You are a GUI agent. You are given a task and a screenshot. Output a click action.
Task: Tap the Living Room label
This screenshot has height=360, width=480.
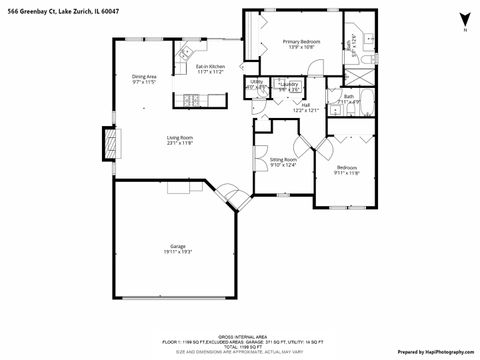[x=180, y=138]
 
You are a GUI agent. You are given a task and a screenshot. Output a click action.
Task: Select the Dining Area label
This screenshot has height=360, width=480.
[x=145, y=76]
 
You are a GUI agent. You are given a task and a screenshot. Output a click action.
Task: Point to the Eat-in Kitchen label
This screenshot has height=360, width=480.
[x=210, y=66]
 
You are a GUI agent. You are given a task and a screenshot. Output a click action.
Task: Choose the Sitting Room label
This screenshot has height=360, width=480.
[x=283, y=159]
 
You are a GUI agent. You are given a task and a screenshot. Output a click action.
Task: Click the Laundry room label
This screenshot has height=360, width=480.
[x=289, y=84]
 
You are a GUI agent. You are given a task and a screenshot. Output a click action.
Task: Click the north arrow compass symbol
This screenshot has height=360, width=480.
[x=463, y=21]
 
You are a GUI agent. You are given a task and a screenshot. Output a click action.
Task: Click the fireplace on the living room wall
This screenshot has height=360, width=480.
[x=108, y=143]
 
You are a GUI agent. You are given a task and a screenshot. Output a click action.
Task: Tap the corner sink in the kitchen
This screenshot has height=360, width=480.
[x=187, y=51]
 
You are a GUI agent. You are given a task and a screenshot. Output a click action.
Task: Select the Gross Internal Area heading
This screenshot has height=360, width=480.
[x=239, y=335]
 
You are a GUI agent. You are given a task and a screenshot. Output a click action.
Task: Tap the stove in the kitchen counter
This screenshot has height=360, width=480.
[x=190, y=98]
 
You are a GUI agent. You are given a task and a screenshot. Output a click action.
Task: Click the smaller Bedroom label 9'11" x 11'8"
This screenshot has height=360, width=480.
[x=346, y=170]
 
